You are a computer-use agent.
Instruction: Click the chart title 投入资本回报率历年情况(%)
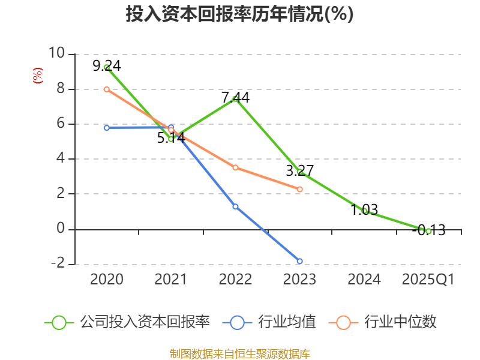click(239, 14)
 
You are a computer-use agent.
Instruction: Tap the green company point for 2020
click(107, 68)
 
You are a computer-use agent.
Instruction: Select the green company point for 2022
click(235, 99)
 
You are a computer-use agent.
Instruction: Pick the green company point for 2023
click(300, 172)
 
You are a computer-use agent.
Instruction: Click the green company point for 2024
click(364, 211)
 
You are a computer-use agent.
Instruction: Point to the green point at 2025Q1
click(428, 231)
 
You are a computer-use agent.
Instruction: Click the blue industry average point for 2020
click(107, 128)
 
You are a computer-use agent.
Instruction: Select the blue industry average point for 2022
click(235, 206)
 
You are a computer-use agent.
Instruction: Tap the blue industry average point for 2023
click(300, 261)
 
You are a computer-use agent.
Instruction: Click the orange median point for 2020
click(107, 89)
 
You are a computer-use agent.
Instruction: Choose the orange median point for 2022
click(235, 167)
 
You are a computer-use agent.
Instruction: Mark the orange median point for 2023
click(300, 189)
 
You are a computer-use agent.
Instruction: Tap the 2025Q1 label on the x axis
click(428, 280)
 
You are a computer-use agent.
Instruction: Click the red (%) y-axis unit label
click(38, 76)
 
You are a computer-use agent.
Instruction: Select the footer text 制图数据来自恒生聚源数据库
click(239, 353)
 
